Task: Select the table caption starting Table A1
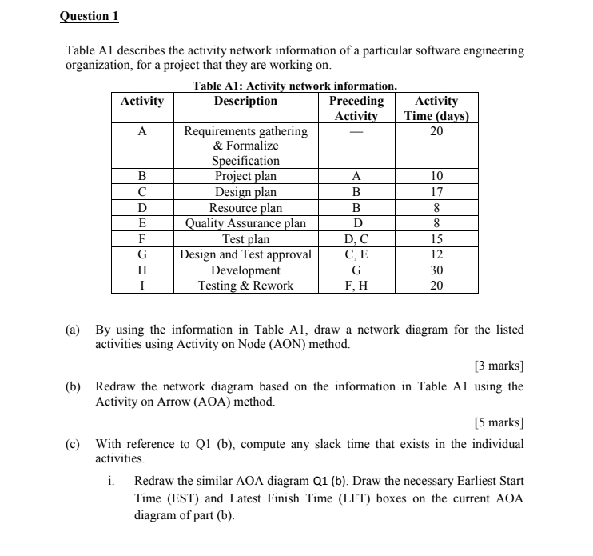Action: tap(295, 86)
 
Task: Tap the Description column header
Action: tap(245, 101)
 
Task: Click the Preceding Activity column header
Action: tap(356, 108)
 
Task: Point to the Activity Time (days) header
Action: tap(436, 108)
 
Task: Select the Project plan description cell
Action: tap(245, 176)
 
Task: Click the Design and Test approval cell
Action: tap(245, 254)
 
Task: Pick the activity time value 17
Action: tap(436, 192)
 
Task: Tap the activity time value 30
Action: tap(436, 270)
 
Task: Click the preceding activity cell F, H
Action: tap(356, 286)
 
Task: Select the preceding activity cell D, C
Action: tap(356, 238)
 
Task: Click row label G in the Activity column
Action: tap(141, 254)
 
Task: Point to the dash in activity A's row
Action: tap(356, 132)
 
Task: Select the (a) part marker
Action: tap(72, 330)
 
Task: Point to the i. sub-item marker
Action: tap(111, 482)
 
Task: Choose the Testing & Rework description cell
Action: tap(245, 286)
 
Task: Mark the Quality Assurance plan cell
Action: tap(245, 223)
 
